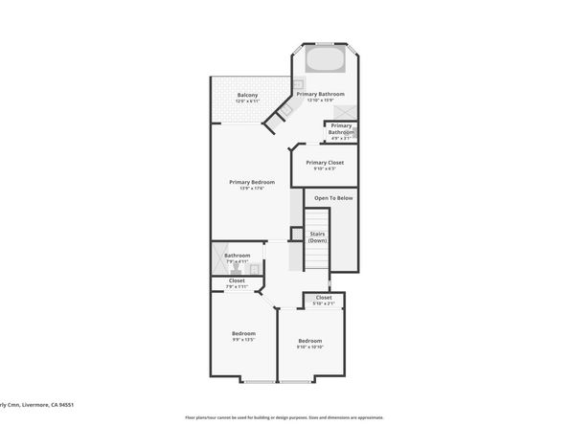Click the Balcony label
pos(247,94)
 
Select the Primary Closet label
pos(325,163)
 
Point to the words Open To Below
pos(333,198)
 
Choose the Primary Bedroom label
pos(252,182)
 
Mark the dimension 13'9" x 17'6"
pos(252,189)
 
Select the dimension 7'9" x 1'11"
pos(237,287)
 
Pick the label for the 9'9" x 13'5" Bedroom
pos(243,333)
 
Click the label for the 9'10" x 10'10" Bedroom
pos(309,341)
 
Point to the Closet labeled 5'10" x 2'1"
pos(324,298)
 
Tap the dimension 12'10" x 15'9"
pos(320,101)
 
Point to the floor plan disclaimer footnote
pos(284,417)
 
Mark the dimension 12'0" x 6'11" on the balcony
pos(247,101)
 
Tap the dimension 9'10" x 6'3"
pos(325,169)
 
